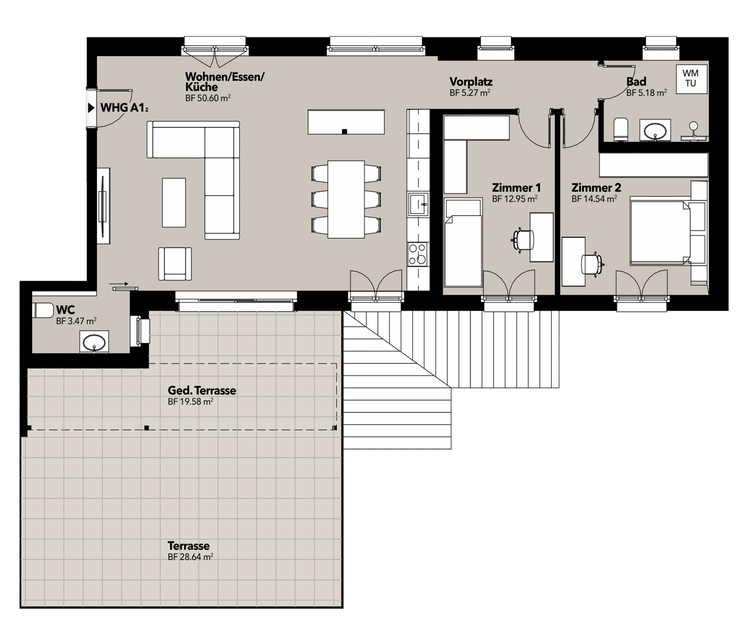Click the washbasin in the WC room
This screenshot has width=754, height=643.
pos(94,342)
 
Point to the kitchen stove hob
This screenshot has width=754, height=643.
pos(418,254)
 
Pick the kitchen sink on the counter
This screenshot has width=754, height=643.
pos(418,204)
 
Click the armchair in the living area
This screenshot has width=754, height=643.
pos(175,264)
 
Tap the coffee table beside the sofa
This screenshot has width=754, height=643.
pos(174,203)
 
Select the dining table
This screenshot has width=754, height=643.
pos(346,199)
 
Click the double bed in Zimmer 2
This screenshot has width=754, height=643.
pos(661,233)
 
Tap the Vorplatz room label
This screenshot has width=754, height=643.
pos(471,82)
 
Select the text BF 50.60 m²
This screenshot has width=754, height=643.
pos(208,98)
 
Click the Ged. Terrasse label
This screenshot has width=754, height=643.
pos(202,390)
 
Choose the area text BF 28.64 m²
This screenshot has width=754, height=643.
pos(190,557)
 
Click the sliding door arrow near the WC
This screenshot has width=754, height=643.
pos(119,284)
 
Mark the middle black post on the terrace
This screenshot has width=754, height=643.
pos(147,428)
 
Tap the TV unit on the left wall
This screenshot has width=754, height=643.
pos(103,206)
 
